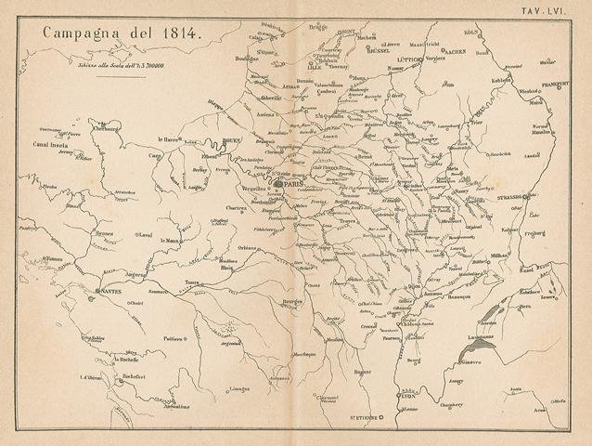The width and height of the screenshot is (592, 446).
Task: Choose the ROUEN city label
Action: point(232,143)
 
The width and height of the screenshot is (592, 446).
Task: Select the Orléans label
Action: point(246,247)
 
